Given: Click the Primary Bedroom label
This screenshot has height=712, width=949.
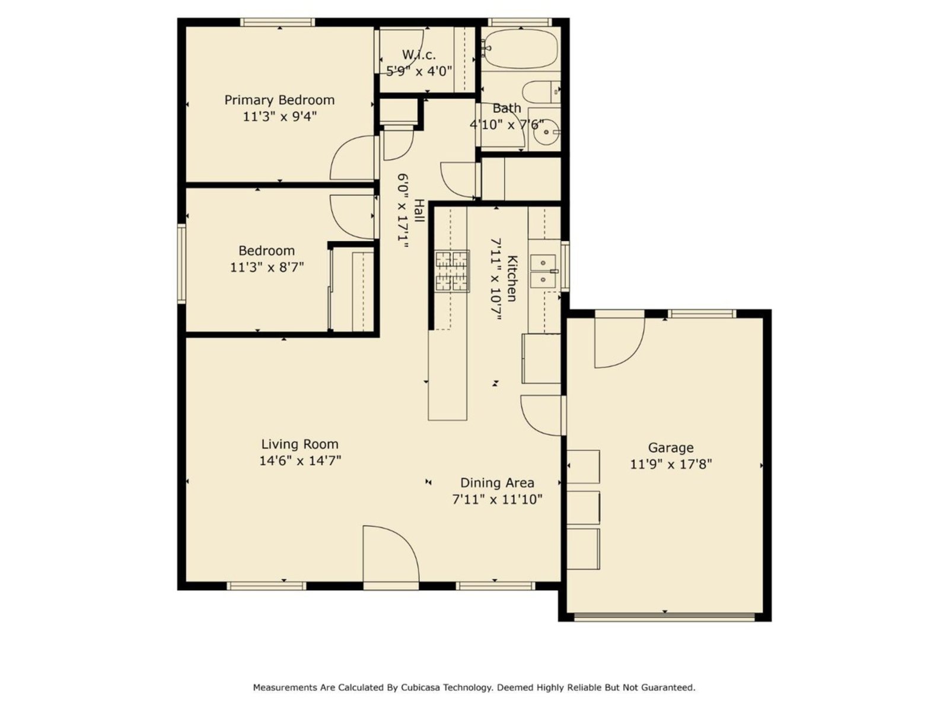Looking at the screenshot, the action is click(x=279, y=100).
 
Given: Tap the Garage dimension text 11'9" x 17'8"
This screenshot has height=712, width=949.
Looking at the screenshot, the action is click(x=671, y=465).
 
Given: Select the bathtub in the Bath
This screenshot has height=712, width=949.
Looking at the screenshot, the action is click(x=521, y=49).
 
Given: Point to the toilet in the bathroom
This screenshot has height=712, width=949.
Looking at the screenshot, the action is click(x=541, y=91).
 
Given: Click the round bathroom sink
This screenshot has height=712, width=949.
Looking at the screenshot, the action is click(x=546, y=131).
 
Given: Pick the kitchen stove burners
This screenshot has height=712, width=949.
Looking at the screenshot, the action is click(x=452, y=272).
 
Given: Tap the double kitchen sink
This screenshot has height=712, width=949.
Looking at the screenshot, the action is click(x=543, y=272).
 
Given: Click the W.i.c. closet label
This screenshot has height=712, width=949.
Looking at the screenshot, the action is click(x=419, y=55).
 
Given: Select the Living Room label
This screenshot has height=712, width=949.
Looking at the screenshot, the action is click(x=300, y=444).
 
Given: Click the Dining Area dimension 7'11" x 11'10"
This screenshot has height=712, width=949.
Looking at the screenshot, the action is click(x=497, y=500).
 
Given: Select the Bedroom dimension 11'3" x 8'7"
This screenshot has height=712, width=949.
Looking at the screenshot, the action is click(x=267, y=267).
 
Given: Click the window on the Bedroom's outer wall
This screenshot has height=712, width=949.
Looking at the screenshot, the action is click(x=181, y=263).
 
